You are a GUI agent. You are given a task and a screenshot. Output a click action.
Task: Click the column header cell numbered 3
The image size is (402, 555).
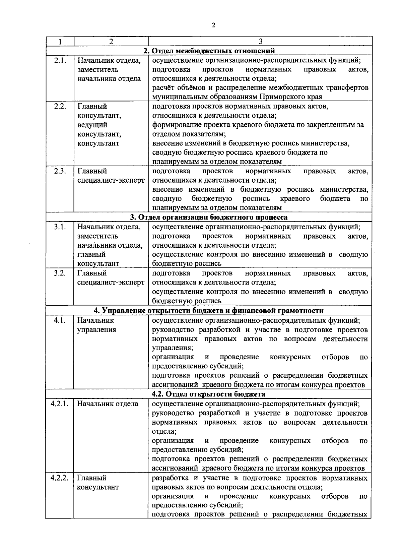260,42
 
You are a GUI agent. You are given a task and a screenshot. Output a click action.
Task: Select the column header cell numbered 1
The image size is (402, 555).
60,42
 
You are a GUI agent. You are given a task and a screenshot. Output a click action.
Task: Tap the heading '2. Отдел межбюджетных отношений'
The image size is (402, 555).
209,51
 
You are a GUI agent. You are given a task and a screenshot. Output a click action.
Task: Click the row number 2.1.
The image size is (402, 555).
60,61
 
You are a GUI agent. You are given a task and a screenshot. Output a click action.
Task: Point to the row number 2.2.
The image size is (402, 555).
60,107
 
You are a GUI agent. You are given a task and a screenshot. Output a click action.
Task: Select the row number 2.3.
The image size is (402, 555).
60,171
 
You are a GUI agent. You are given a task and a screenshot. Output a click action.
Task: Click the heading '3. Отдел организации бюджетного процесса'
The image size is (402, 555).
209,217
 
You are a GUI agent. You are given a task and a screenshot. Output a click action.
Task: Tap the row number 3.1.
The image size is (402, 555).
60,227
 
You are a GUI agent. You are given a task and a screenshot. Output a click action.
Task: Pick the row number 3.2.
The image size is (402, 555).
60,273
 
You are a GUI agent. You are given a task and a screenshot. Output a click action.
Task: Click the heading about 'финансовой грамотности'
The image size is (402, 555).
209,310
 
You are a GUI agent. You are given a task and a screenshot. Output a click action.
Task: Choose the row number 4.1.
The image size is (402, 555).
60,320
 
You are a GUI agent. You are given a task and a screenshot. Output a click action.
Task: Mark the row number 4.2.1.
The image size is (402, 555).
60,404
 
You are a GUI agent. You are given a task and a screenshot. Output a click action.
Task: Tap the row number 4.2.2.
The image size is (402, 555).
60,478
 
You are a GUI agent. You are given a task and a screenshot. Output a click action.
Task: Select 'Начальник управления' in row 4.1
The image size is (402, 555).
96,325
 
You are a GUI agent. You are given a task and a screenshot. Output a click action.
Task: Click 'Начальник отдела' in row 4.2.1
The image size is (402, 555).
108,404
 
